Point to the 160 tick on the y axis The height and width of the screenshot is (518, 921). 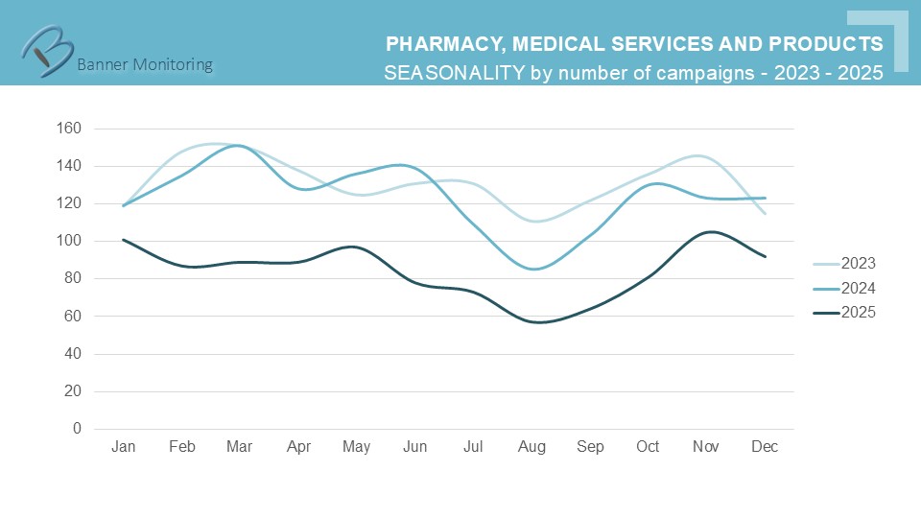[69, 128]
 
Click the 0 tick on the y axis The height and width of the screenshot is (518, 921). [77, 429]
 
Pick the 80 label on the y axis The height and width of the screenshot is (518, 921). [73, 278]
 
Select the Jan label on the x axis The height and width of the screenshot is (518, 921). [123, 447]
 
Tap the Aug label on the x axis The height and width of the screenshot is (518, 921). [531, 447]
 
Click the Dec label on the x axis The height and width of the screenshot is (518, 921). [765, 447]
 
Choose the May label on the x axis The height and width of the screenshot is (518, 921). [356, 447]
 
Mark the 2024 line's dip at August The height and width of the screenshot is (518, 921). [533, 270]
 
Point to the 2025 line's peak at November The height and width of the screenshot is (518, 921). [708, 231]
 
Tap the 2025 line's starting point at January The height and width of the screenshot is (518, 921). [123, 239]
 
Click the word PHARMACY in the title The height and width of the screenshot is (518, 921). [441, 44]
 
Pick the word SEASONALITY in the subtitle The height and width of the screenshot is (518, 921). [454, 73]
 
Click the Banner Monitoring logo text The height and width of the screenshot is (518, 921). [144, 65]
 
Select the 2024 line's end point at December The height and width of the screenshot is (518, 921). [765, 198]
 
